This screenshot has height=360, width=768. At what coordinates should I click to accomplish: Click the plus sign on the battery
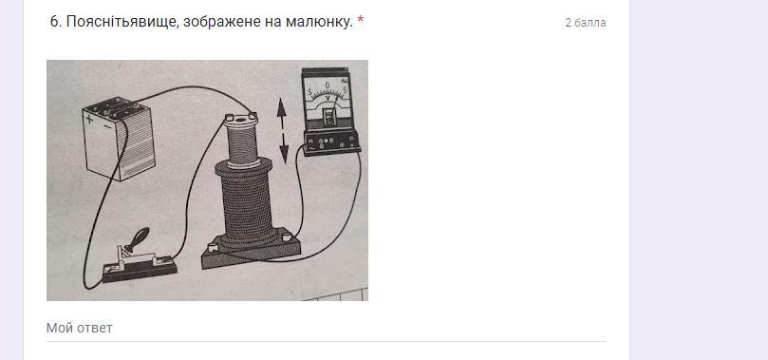89,118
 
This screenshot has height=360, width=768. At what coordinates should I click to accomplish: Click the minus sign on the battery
107,126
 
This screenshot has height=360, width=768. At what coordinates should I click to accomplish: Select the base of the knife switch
140,270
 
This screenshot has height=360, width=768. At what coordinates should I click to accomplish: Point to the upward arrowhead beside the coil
282,106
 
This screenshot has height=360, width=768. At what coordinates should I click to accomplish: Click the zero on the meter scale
328,85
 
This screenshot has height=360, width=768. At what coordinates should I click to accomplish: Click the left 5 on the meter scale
309,91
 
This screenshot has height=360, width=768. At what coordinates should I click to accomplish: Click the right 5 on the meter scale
345,90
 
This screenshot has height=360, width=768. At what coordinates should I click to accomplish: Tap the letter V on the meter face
328,99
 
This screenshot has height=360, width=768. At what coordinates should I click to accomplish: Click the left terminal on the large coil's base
212,247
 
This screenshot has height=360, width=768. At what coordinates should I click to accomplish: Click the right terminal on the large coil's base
287,238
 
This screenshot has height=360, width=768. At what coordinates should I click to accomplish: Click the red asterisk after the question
361,21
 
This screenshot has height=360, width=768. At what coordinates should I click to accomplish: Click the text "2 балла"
586,23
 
